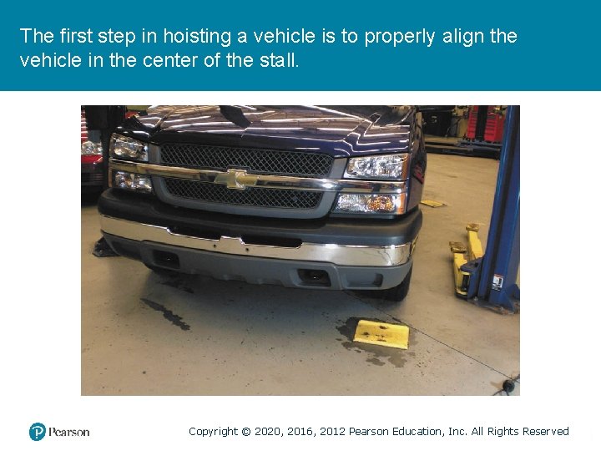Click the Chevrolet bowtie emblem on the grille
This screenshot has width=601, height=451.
click(x=236, y=179)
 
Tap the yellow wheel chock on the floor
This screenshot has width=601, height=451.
click(x=381, y=333)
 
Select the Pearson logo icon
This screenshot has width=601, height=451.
click(x=37, y=432)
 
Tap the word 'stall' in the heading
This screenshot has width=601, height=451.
click(x=275, y=60)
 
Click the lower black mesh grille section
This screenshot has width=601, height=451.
click(x=242, y=195)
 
